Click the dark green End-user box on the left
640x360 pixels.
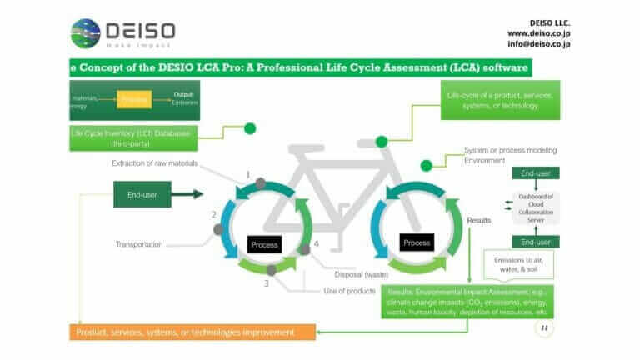142,195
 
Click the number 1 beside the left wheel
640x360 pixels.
247,175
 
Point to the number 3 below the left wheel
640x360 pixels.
266,283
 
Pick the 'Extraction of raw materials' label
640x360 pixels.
155,163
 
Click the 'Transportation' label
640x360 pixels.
139,244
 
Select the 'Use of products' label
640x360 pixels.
352,291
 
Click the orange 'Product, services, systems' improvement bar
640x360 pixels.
192,332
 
